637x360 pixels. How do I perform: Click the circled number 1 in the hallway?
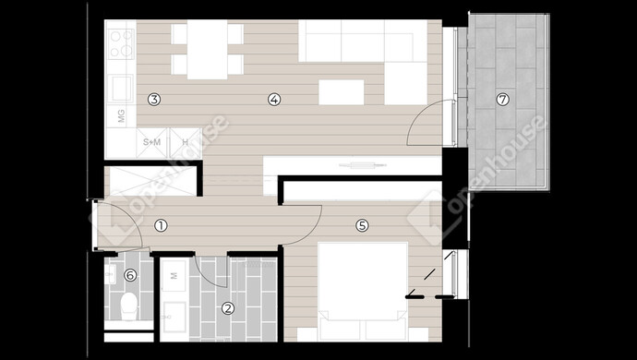pyautogui.click(x=161, y=225)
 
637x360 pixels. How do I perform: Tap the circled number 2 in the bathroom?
pyautogui.click(x=228, y=308)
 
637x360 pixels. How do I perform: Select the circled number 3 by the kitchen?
pyautogui.click(x=154, y=99)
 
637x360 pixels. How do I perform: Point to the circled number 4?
pyautogui.click(x=274, y=99)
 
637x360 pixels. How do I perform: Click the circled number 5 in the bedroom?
pyautogui.click(x=362, y=225)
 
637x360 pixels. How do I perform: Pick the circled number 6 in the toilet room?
pyautogui.click(x=130, y=275)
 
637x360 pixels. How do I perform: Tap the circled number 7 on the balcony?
pyautogui.click(x=503, y=99)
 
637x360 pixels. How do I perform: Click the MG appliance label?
pyautogui.click(x=122, y=115)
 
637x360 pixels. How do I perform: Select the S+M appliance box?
pyautogui.click(x=152, y=143)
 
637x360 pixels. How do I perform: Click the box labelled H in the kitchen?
pyautogui.click(x=186, y=143)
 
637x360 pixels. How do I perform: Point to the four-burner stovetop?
pyautogui.click(x=121, y=44)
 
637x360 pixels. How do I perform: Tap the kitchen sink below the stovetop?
pyautogui.click(x=122, y=89)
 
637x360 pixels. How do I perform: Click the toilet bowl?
pyautogui.click(x=129, y=306)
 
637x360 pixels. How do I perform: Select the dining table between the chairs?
pyautogui.click(x=207, y=50)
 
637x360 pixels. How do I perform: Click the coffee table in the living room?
pyautogui.click(x=342, y=92)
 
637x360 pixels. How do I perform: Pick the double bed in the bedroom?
pyautogui.click(x=363, y=291)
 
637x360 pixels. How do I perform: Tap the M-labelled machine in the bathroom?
pyautogui.click(x=174, y=276)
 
